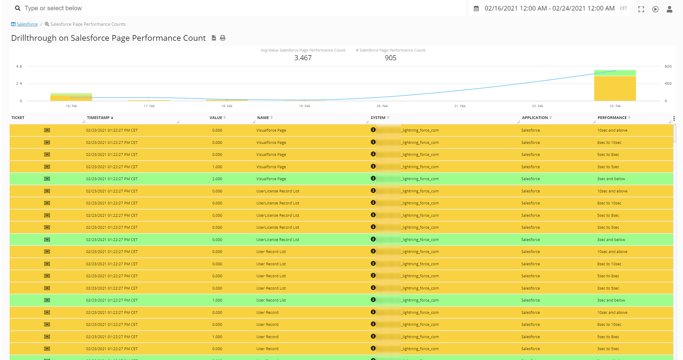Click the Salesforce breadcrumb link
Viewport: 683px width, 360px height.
[x=27, y=24]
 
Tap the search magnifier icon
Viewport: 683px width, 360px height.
[x=18, y=8]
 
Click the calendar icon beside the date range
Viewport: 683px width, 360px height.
[x=476, y=9]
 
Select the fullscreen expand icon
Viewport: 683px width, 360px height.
[x=641, y=9]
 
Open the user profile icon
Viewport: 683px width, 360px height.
[x=669, y=9]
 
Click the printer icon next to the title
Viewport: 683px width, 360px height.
[x=223, y=38]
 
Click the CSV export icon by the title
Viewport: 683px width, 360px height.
[x=214, y=38]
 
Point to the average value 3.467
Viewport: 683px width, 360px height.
[x=303, y=58]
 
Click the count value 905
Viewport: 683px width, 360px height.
[x=390, y=58]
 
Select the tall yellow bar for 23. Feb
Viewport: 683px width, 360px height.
[x=615, y=88]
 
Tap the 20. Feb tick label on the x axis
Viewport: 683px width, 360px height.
[x=382, y=106]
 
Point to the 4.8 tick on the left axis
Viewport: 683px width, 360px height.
[x=19, y=67]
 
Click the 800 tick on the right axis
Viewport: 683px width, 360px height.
[x=668, y=67]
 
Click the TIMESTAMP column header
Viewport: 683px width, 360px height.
[x=98, y=118]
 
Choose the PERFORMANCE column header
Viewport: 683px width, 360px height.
[x=612, y=118]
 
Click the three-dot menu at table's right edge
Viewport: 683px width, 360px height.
[x=674, y=119]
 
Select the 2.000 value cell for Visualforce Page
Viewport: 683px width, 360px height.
[x=217, y=179]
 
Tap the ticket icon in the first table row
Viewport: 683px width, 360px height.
[x=47, y=130]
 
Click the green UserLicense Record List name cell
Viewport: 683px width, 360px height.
[x=278, y=240]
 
